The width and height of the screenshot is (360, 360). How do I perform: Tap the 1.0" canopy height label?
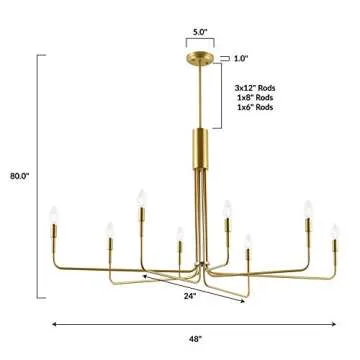click(241, 57)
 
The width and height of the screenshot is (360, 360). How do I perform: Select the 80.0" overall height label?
click(18, 176)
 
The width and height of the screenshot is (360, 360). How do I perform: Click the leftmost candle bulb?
click(52, 214)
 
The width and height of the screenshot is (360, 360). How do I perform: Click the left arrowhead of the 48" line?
click(54, 323)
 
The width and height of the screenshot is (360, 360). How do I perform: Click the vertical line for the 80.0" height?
click(40, 176)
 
